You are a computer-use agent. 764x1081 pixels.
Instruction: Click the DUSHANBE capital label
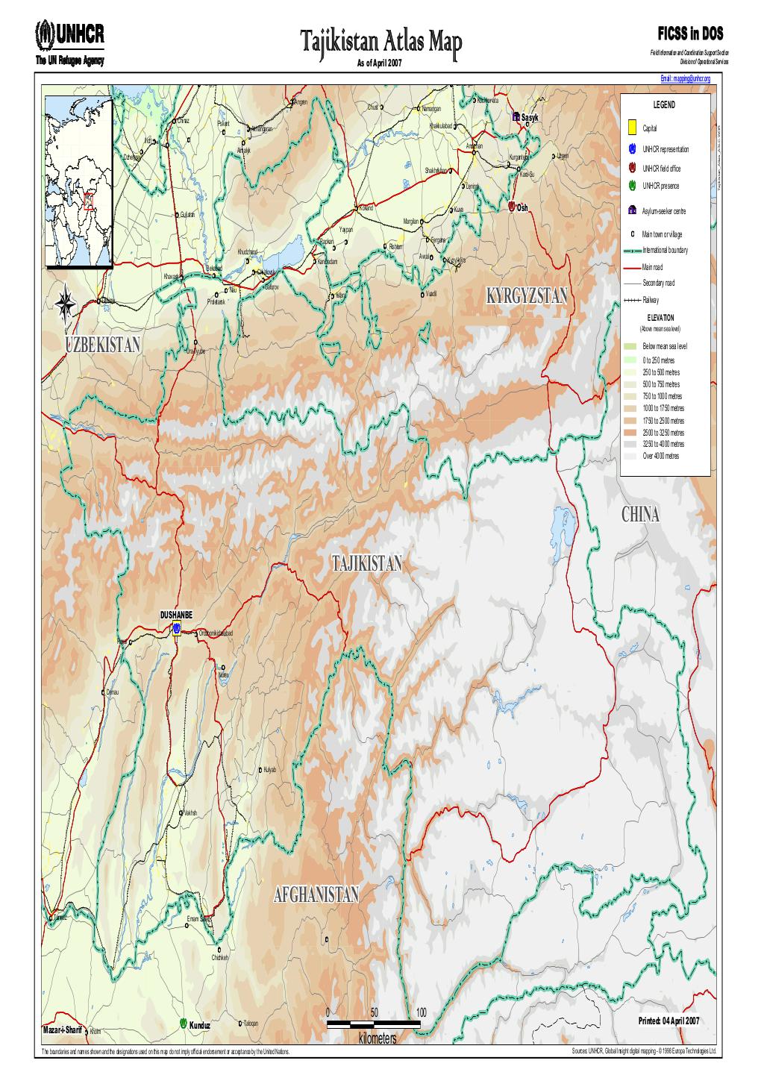175,614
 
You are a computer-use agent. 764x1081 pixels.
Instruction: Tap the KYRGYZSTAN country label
526,296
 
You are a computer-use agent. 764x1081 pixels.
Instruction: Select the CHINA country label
639,516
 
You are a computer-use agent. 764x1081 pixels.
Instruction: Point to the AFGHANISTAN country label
316,894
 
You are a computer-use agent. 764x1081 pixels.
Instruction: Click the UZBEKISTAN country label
103,344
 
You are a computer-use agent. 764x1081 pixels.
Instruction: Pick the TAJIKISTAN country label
366,564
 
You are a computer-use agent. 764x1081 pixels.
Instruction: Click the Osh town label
522,207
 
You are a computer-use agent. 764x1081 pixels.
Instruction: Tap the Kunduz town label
199,1025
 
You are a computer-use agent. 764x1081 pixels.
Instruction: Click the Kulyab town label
270,770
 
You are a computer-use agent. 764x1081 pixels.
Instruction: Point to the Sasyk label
529,118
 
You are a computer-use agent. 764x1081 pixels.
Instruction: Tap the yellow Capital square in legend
631,128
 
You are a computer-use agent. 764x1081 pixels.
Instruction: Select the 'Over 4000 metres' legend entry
660,456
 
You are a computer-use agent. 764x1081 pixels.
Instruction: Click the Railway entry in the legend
650,300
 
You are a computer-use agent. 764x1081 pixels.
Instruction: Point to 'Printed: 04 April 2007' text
668,1021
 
